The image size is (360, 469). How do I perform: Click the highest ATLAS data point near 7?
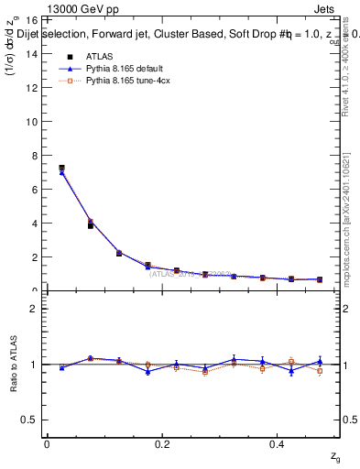61,169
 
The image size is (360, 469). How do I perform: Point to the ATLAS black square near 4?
90,224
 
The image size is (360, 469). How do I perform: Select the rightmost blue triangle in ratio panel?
320,362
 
